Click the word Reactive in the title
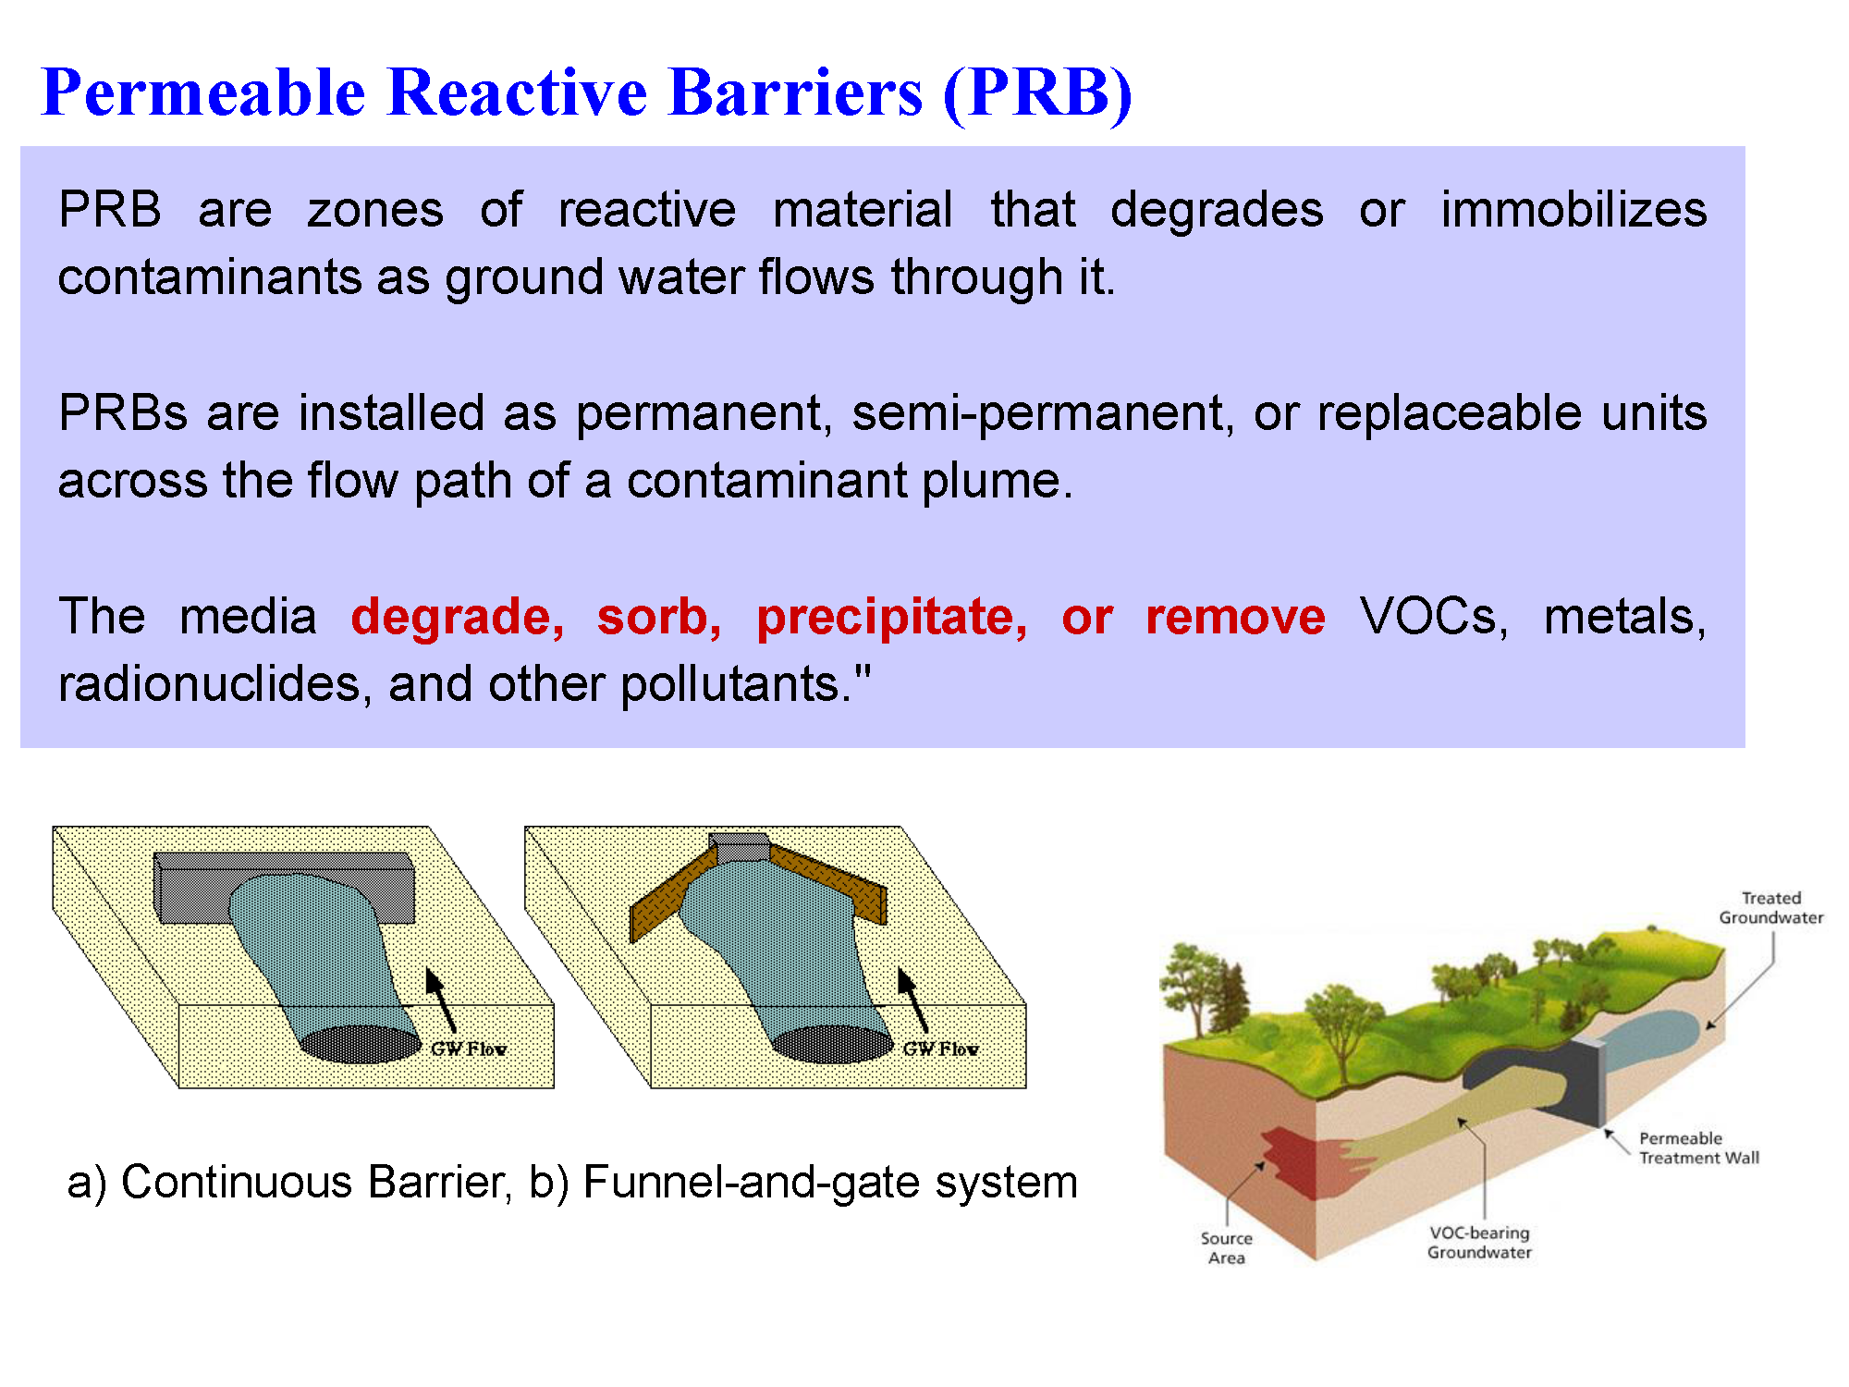pyautogui.click(x=518, y=92)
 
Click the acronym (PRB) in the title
pyautogui.click(x=1037, y=94)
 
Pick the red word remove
pyautogui.click(x=1235, y=618)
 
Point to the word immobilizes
pyautogui.click(x=1573, y=209)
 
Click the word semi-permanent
pyautogui.click(x=1043, y=413)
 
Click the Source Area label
pyautogui.click(x=1227, y=1248)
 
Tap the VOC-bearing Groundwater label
pyautogui.click(x=1479, y=1243)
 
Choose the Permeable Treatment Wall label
pyautogui.click(x=1699, y=1148)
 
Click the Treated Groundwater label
pyautogui.click(x=1771, y=908)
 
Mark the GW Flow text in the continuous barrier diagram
pyautogui.click(x=468, y=1049)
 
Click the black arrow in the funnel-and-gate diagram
pyautogui.click(x=912, y=1000)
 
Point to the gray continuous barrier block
pyautogui.click(x=284, y=888)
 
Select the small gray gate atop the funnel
pyautogui.click(x=740, y=847)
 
